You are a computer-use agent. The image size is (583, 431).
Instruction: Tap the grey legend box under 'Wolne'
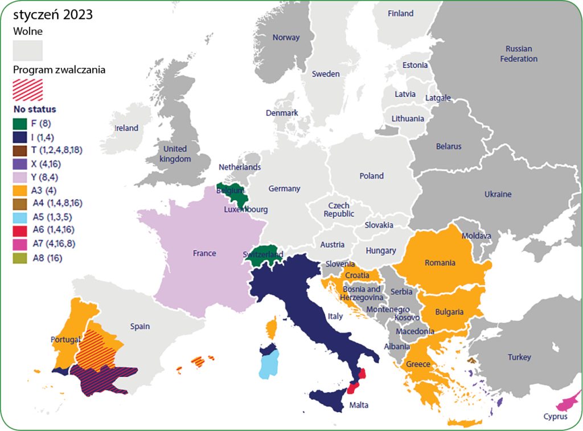click(x=28, y=50)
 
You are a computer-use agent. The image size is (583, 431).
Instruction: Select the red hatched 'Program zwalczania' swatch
click(x=28, y=88)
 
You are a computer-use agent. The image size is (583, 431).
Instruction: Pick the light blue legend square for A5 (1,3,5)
click(x=19, y=217)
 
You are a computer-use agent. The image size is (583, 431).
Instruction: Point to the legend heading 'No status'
click(x=35, y=108)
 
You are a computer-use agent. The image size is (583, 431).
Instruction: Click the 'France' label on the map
click(x=204, y=253)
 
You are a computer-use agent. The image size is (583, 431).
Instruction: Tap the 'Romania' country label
click(x=440, y=263)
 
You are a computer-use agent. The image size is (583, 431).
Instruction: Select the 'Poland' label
click(x=371, y=176)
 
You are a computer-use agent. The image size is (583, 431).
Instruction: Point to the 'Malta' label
click(x=359, y=405)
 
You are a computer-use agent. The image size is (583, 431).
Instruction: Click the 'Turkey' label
click(x=519, y=357)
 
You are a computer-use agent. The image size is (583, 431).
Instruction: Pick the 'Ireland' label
click(x=126, y=128)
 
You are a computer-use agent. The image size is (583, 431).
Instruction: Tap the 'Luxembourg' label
click(x=245, y=210)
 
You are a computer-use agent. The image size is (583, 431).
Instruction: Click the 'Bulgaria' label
click(x=450, y=312)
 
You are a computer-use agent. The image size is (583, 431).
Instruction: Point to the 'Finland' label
click(x=400, y=14)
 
